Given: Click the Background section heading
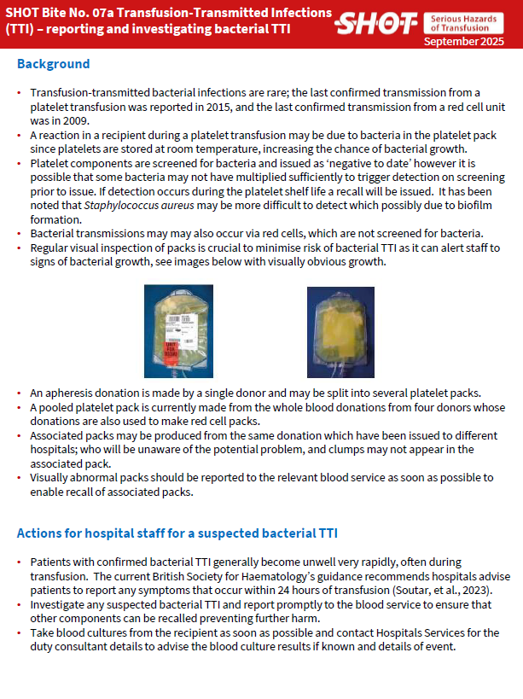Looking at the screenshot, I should (x=53, y=65).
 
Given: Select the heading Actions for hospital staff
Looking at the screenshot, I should (x=177, y=533).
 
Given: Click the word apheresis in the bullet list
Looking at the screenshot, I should (x=73, y=393).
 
